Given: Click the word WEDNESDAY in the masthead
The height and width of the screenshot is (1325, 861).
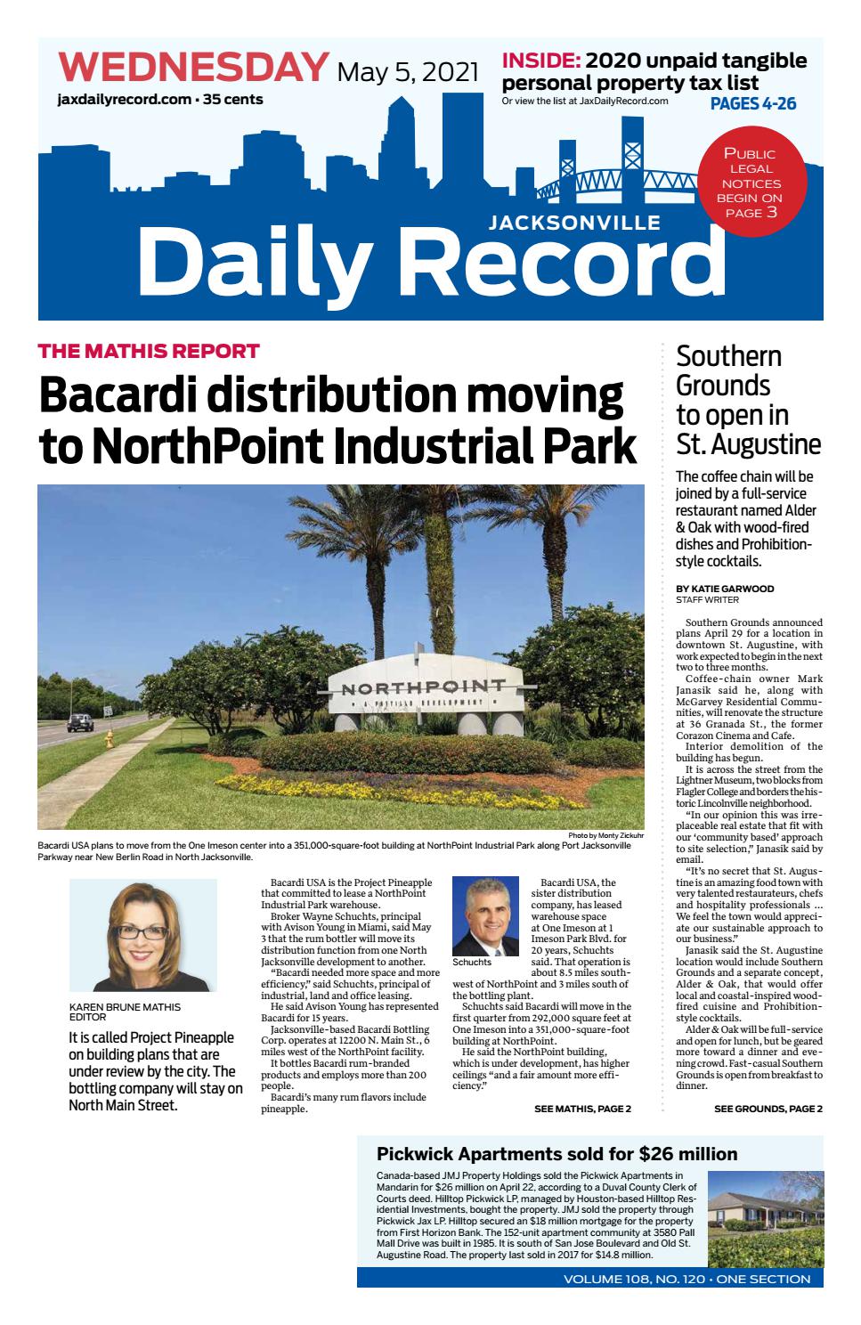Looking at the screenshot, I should tap(193, 69).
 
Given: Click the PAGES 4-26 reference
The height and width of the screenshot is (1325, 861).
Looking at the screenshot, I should tap(752, 104).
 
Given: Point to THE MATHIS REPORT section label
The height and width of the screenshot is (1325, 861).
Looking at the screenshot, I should tap(149, 351).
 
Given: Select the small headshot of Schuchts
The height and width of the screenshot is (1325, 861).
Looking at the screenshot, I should tap(485, 916).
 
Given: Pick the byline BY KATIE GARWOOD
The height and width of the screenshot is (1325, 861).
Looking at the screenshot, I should tap(725, 589).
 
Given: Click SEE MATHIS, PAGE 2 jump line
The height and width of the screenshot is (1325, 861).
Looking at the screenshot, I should tap(582, 1109).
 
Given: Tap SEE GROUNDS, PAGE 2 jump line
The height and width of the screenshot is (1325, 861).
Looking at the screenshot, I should tap(768, 1109).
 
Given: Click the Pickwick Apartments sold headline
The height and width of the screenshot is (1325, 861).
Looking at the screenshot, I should tap(556, 1154).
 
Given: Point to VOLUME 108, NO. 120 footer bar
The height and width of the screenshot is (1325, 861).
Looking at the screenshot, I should tap(686, 1279).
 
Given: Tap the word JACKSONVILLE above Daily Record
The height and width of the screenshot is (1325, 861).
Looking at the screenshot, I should tap(574, 222).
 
